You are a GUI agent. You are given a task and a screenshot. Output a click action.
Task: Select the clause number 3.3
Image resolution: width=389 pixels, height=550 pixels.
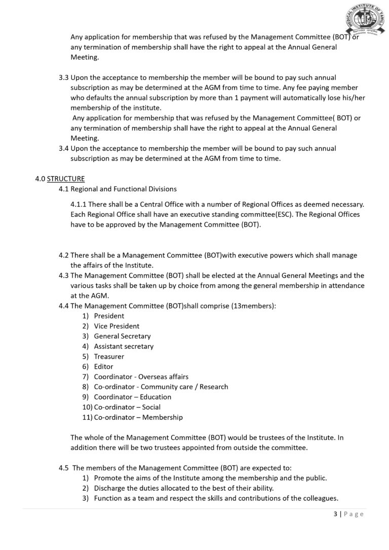64,78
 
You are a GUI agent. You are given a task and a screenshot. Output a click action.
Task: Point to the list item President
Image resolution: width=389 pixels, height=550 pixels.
109,316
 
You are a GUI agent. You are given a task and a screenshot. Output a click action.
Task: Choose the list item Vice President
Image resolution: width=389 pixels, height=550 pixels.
116,326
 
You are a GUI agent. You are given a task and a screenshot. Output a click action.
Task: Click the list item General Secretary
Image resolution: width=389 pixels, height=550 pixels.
122,336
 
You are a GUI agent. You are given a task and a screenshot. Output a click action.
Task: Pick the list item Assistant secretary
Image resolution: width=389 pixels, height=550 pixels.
124,346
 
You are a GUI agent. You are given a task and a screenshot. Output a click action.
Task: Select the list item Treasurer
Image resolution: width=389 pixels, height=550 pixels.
109,357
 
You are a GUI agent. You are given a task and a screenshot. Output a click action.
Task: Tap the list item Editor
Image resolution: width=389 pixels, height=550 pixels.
103,367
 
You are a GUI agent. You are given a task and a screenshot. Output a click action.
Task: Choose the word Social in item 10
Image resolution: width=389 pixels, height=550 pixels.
151,407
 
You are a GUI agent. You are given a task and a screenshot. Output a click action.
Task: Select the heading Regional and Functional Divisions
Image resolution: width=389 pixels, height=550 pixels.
124,189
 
